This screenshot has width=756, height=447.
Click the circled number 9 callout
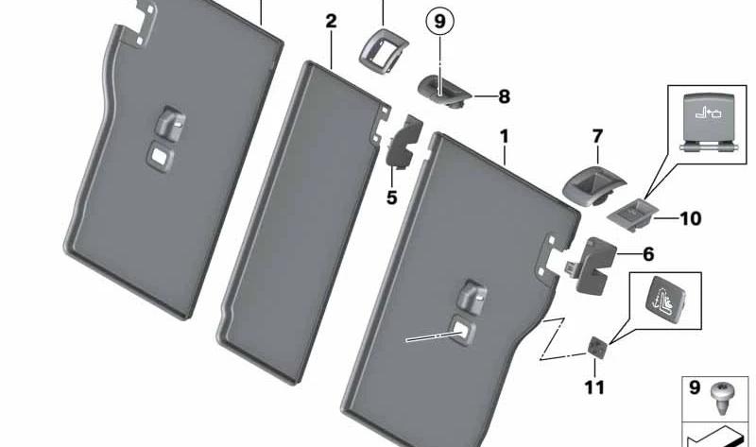click(439, 22)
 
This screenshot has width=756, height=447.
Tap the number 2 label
click(331, 21)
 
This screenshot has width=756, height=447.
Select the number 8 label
click(504, 96)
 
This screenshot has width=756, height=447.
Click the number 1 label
click(505, 137)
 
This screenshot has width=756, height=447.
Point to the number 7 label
click(597, 136)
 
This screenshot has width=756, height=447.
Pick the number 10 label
click(691, 218)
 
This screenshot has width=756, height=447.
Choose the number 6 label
click(648, 253)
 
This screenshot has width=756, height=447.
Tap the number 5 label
click(391, 198)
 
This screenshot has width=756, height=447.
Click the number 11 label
click(594, 387)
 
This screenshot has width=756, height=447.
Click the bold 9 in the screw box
click(695, 387)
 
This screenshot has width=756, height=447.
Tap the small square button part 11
click(596, 347)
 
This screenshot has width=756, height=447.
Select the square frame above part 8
click(383, 51)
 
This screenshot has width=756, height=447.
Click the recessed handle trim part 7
click(593, 185)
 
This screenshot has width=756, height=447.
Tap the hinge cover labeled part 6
click(592, 265)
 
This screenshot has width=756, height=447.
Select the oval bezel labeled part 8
click(443, 91)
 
